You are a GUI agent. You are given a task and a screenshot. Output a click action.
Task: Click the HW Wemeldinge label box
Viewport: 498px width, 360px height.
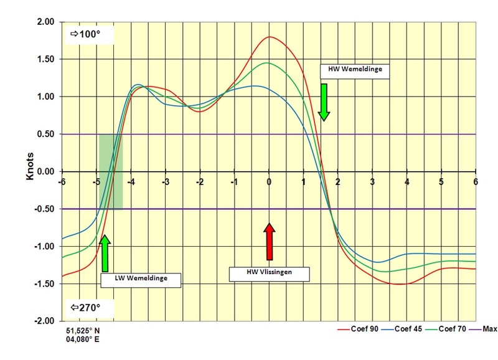(354, 70)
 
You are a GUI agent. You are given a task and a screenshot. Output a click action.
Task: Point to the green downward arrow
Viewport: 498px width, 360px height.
(324, 101)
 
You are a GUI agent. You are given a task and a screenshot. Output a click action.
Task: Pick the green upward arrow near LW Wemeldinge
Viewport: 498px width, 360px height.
(105, 253)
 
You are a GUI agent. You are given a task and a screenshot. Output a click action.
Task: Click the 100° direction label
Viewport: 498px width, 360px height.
(88, 34)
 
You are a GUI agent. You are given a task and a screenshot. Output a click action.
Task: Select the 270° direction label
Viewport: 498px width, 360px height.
(88, 307)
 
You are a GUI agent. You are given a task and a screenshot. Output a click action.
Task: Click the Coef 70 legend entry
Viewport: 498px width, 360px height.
(453, 328)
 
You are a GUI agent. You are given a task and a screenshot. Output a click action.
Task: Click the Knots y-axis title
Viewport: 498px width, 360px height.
(29, 165)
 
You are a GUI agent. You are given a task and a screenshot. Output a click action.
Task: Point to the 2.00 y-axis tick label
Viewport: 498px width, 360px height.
(45, 22)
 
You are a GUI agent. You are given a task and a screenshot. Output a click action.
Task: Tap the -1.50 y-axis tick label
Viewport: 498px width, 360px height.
(44, 284)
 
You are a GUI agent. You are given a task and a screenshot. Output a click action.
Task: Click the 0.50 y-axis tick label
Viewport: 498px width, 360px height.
(45, 134)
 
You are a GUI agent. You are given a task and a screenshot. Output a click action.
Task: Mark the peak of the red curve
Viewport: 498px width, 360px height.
(270, 37)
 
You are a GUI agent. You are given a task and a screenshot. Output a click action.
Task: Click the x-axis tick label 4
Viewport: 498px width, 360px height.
(406, 181)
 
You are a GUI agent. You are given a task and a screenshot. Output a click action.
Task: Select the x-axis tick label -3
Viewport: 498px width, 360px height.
(166, 181)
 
